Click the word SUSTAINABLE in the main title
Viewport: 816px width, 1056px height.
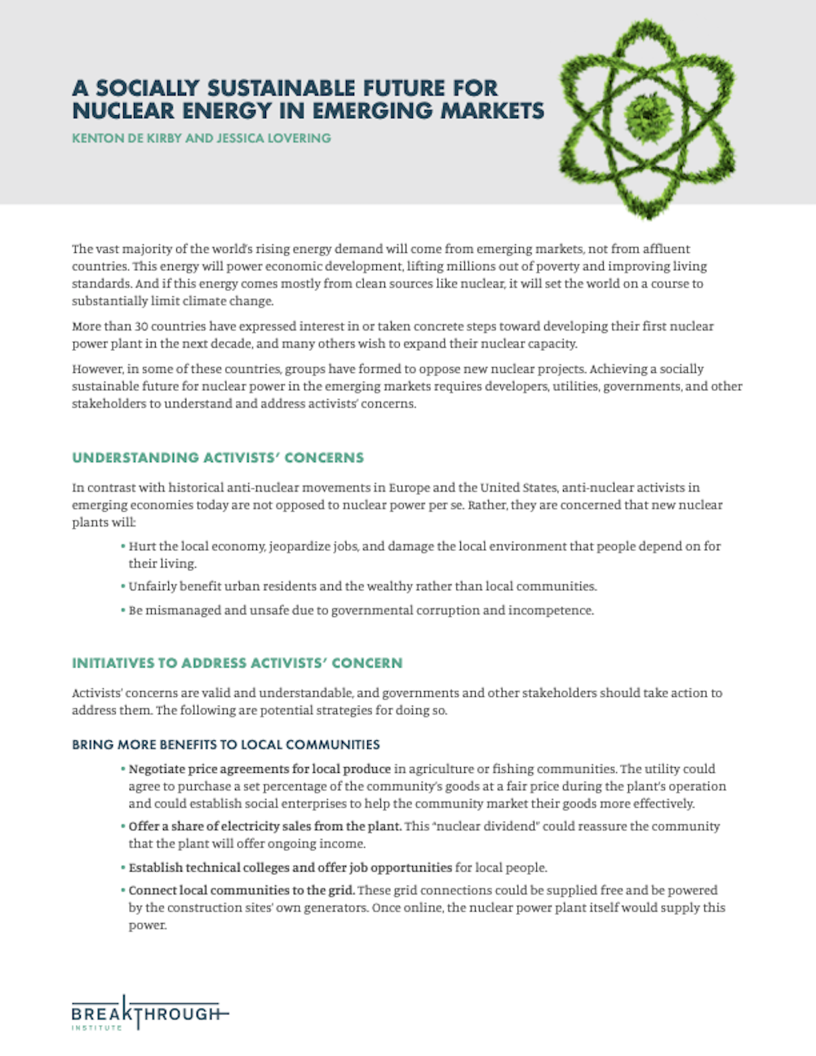(282, 88)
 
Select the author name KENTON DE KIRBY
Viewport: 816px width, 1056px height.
(126, 138)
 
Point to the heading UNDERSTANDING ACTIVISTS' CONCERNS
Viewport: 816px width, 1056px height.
(218, 458)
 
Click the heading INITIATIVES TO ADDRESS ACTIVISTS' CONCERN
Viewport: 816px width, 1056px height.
(237, 663)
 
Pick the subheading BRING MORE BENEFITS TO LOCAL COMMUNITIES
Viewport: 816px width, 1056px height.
(225, 744)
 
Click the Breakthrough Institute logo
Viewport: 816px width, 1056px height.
(148, 1014)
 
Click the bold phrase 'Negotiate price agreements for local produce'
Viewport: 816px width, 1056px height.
(259, 769)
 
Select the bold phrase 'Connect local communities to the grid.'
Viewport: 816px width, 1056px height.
(241, 890)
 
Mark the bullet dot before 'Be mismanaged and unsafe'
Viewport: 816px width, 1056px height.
(122, 610)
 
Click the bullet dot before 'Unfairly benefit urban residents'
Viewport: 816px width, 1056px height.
(122, 587)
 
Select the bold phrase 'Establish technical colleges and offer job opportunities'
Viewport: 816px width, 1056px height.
(290, 867)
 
